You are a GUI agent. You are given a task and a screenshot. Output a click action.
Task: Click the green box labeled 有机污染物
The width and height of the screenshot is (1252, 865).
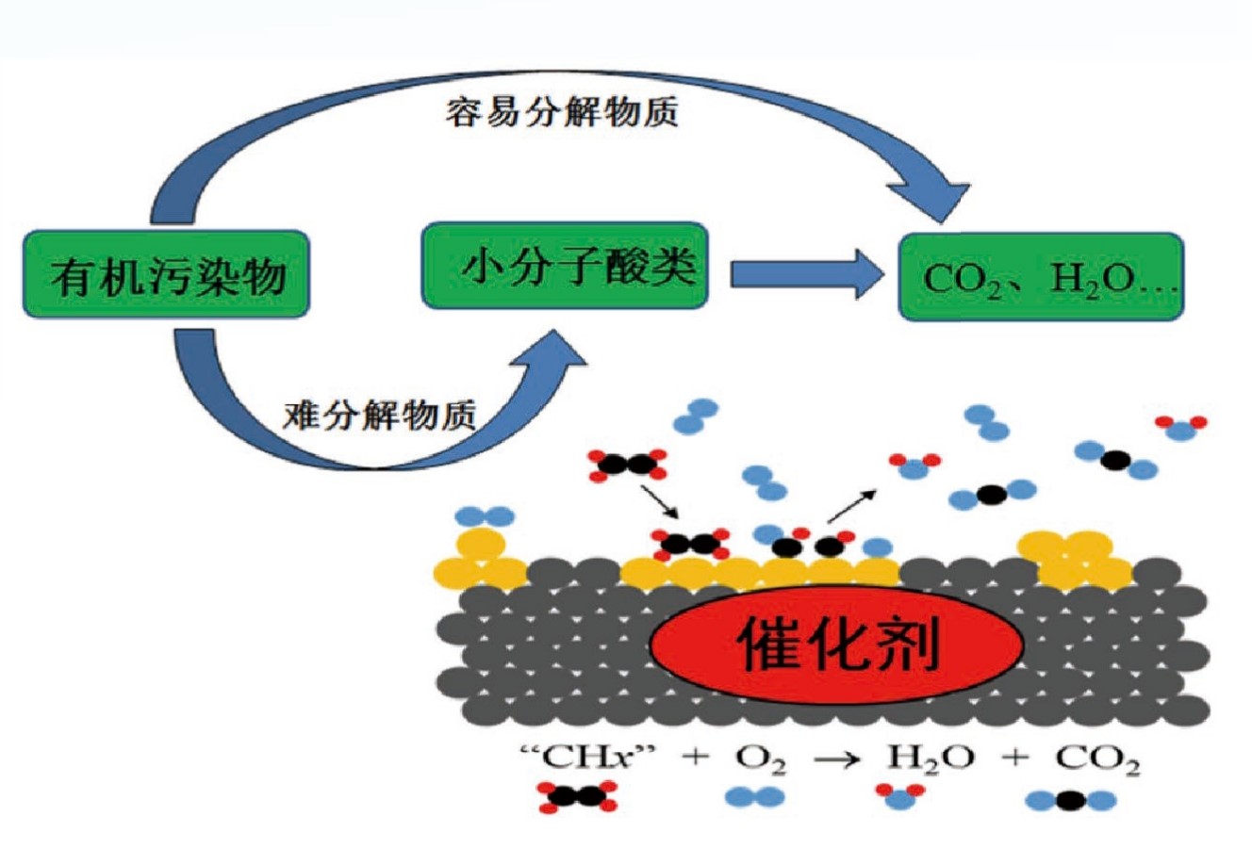tap(166, 274)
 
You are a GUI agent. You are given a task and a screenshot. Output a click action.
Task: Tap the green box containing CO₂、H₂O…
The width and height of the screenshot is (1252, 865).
tap(1041, 277)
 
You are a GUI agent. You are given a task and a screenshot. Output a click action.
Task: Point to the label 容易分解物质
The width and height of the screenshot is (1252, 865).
tap(563, 112)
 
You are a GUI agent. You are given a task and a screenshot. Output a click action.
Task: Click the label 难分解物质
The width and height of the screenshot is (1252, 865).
tap(380, 415)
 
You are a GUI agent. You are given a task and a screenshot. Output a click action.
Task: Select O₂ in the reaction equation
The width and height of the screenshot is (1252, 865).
tap(759, 759)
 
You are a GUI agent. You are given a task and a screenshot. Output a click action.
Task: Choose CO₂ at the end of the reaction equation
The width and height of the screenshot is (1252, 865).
tap(1097, 759)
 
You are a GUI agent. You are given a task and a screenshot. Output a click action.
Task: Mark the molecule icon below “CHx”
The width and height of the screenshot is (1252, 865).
tap(576, 797)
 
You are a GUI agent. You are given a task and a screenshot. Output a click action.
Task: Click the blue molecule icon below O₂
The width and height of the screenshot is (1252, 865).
tap(755, 798)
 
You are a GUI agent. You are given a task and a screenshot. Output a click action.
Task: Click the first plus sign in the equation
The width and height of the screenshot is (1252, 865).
tap(694, 758)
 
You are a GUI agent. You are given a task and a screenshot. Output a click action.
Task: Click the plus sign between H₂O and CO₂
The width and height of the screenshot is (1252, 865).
tap(1014, 758)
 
